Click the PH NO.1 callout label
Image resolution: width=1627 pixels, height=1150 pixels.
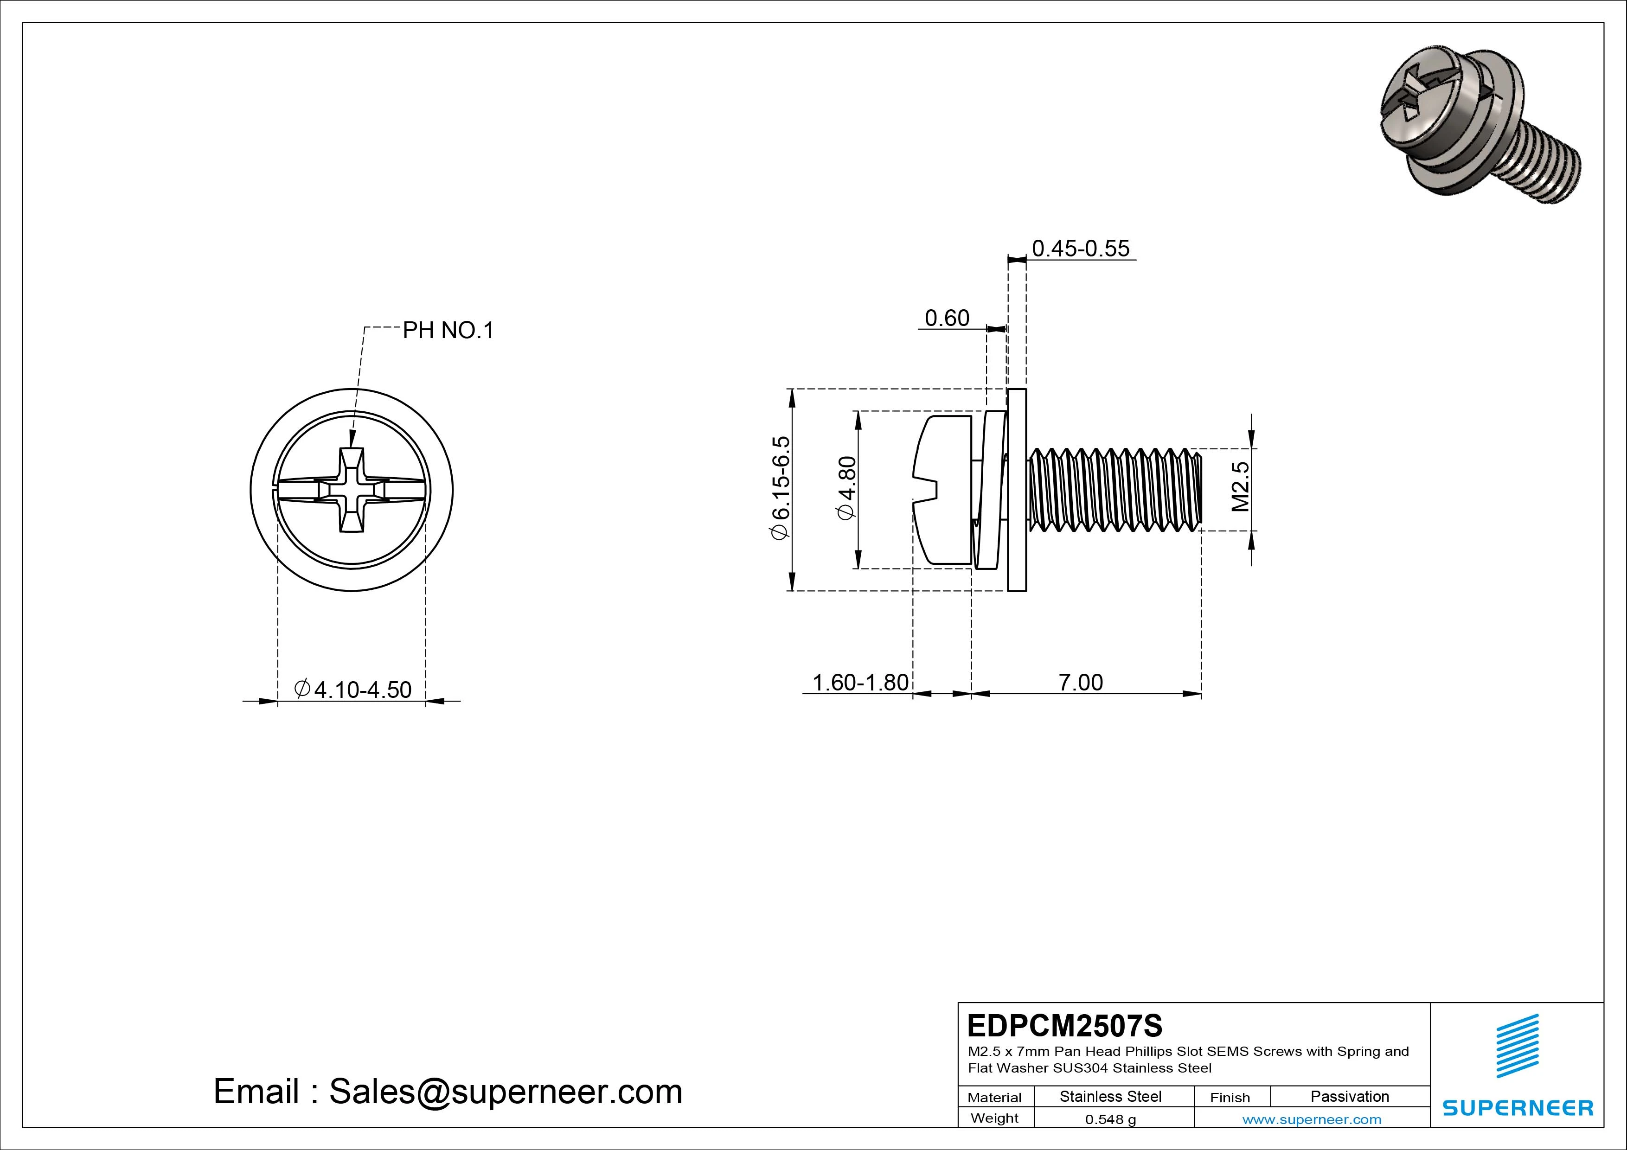[x=448, y=330]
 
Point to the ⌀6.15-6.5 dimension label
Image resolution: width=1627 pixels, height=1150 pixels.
[x=780, y=488]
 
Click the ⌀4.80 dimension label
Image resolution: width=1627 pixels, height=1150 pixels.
[x=847, y=488]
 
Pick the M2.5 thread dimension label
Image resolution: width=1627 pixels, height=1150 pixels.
[x=1240, y=487]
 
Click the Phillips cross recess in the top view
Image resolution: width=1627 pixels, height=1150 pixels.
[x=352, y=490]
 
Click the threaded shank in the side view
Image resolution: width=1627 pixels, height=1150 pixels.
[x=1116, y=490]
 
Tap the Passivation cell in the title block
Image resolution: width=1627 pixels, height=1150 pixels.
[x=1349, y=1096]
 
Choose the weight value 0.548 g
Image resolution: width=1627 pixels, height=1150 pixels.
[x=1110, y=1119]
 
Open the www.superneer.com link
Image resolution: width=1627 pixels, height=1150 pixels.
[x=1312, y=1119]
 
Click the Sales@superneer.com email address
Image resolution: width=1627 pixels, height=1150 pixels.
[x=505, y=1091]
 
